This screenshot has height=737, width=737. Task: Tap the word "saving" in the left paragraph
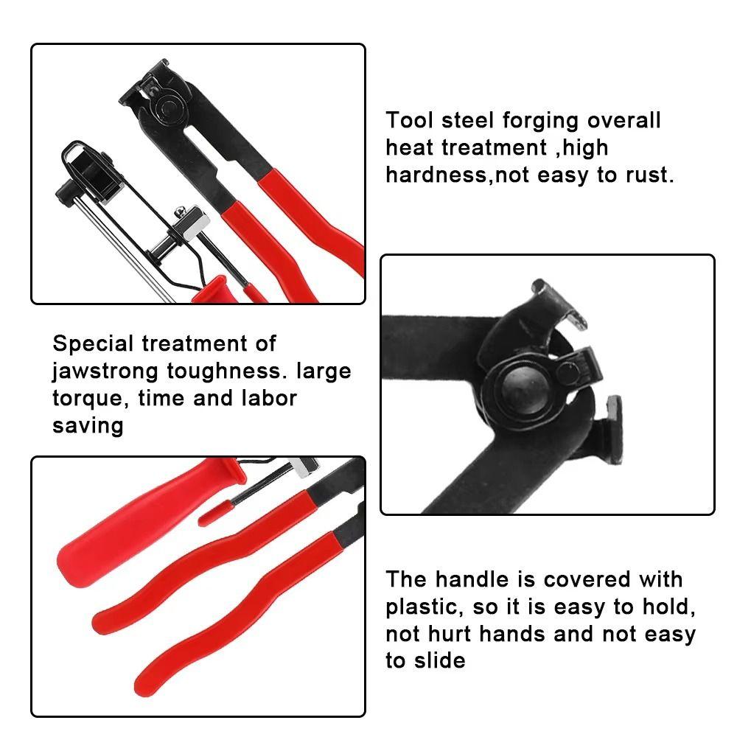tap(88, 426)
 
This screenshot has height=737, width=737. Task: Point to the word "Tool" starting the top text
tap(409, 121)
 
